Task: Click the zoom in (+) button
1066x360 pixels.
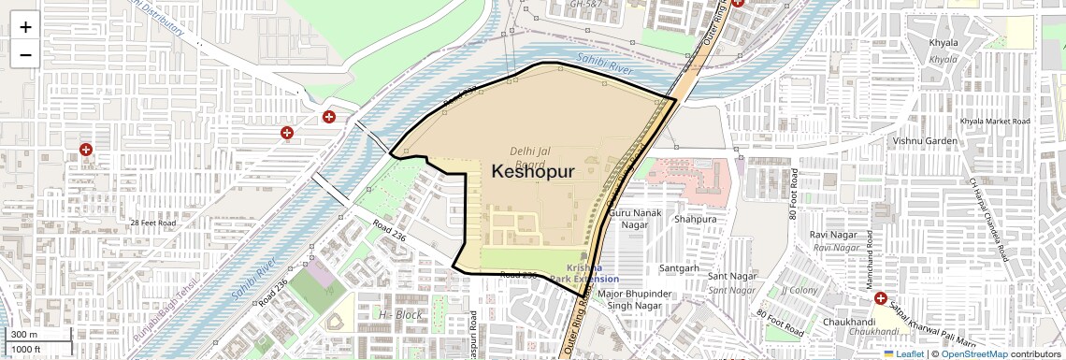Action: pos(25,26)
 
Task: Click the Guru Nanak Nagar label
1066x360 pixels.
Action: pos(628,219)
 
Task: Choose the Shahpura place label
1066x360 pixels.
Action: pos(694,219)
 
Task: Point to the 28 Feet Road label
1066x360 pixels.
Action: pos(153,223)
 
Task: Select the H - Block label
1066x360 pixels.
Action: pos(400,314)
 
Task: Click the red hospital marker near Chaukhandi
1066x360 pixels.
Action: pos(881,299)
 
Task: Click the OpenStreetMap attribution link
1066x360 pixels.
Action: pos(973,353)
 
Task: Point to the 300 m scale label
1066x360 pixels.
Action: pos(24,335)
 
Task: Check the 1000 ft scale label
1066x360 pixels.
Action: pos(26,349)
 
